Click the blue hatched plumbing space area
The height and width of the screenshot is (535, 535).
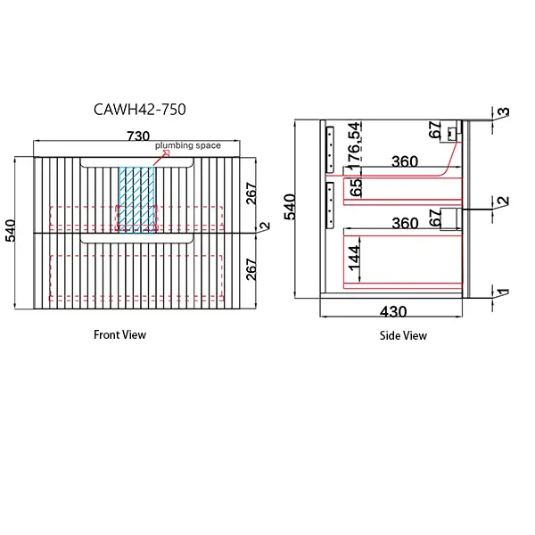click(136, 198)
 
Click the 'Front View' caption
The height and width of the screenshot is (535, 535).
click(119, 335)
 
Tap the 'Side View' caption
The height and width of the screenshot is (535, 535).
click(402, 336)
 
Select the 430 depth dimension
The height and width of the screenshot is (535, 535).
click(394, 312)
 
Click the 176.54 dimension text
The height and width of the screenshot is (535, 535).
click(354, 145)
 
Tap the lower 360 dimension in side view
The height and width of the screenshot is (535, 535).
click(405, 224)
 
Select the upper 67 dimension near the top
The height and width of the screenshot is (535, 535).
click(435, 131)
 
